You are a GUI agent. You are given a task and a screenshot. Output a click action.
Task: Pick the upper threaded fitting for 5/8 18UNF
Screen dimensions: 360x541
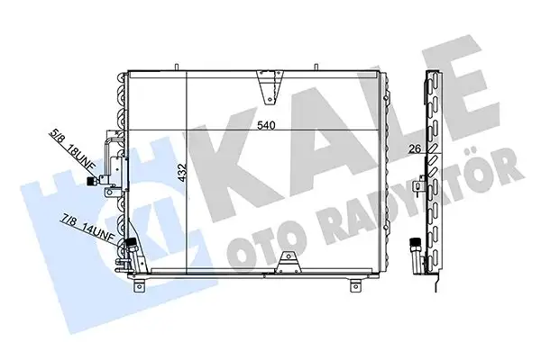(92, 181)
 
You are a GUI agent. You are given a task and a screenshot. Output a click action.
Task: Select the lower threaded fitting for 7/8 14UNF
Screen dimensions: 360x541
(132, 243)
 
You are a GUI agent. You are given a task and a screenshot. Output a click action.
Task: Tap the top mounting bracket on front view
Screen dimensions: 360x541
(266, 83)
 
